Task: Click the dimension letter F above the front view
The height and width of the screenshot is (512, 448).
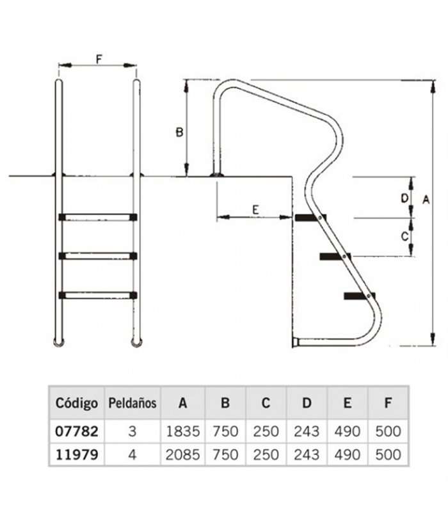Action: click(x=99, y=60)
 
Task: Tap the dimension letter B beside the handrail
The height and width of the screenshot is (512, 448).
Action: click(x=179, y=132)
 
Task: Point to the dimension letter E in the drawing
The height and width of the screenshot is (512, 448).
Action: click(x=255, y=210)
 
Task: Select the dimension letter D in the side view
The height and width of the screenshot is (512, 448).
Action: click(x=404, y=198)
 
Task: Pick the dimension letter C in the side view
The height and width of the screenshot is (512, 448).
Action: click(x=404, y=236)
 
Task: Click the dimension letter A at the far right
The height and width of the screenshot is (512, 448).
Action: click(x=426, y=200)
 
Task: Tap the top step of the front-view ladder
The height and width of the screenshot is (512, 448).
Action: click(x=98, y=217)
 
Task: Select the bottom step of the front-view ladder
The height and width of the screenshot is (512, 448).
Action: click(x=98, y=295)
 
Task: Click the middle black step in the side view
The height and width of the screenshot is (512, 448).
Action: click(x=335, y=257)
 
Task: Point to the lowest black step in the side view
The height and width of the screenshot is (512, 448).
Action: click(x=360, y=296)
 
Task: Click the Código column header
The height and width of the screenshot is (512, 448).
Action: click(x=77, y=403)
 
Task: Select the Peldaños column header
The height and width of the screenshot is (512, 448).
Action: click(x=132, y=403)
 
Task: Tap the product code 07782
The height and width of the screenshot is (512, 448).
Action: click(x=77, y=431)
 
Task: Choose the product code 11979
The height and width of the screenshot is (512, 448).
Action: click(x=77, y=454)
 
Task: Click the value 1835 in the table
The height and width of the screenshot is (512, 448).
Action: click(x=183, y=431)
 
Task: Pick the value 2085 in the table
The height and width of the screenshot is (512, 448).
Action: click(x=183, y=454)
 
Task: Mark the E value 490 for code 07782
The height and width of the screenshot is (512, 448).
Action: click(x=348, y=431)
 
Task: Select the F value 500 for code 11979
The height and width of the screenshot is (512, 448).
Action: click(x=388, y=454)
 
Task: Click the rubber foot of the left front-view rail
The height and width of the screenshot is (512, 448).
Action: click(x=59, y=343)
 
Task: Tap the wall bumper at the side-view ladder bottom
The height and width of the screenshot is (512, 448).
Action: click(x=296, y=342)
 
